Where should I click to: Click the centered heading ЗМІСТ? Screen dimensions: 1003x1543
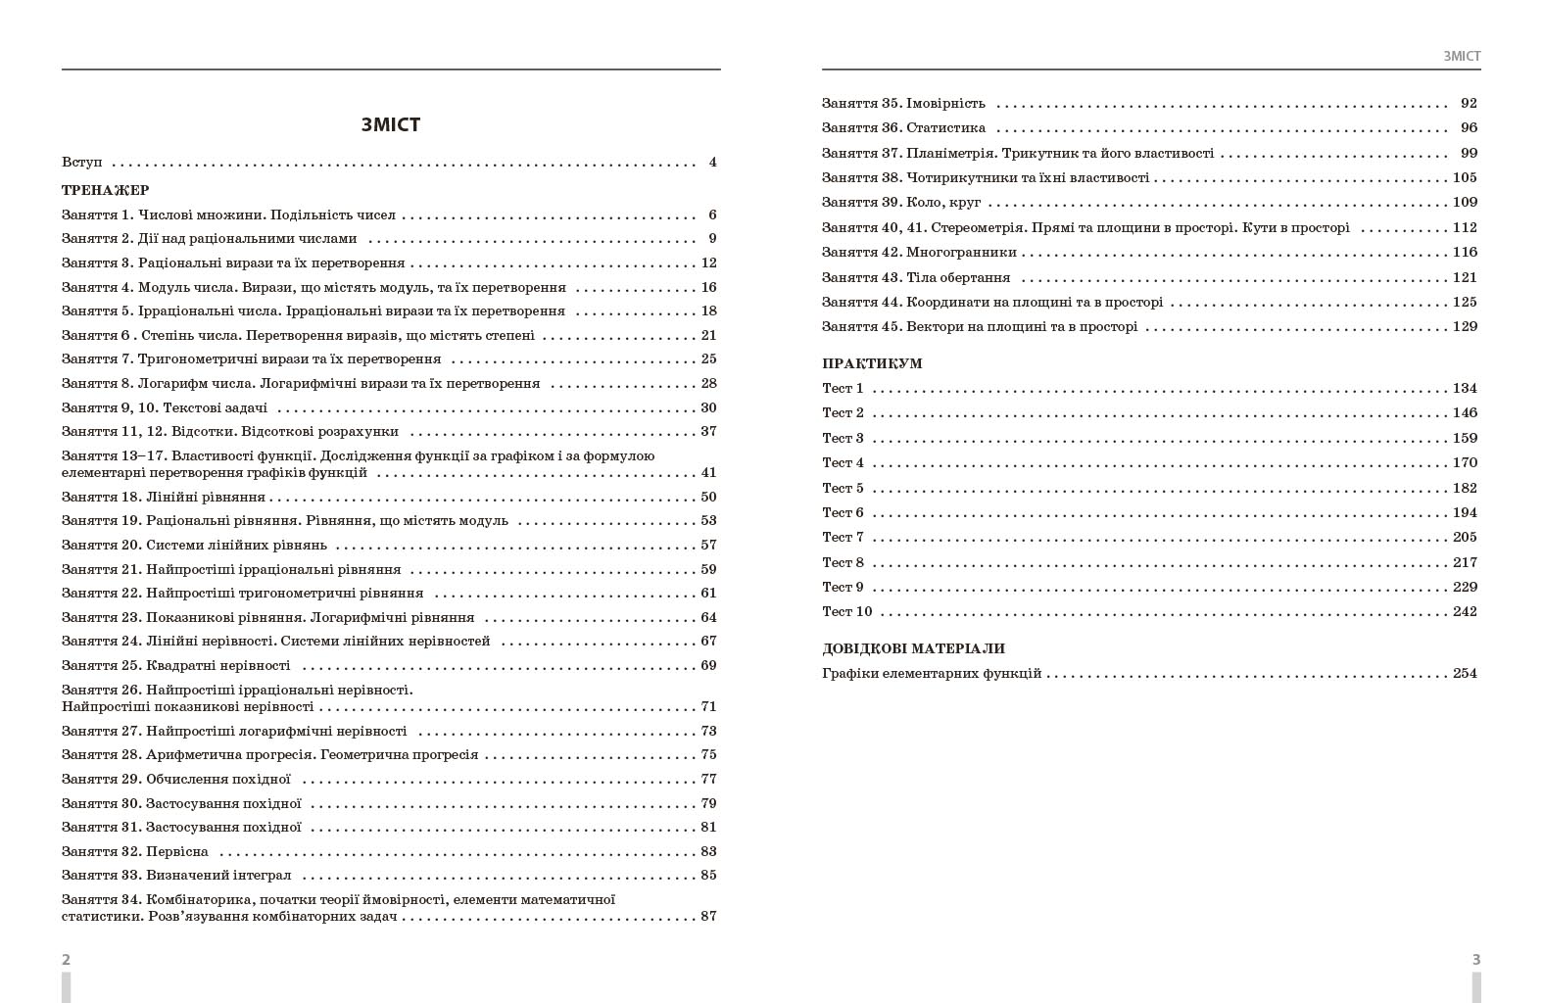click(x=391, y=124)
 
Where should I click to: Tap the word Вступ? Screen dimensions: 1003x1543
click(x=81, y=163)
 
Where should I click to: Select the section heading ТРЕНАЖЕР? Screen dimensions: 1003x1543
click(x=106, y=190)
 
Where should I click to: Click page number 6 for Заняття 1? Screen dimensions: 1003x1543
click(x=712, y=215)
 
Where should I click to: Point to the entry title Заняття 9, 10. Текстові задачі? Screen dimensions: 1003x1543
click(x=165, y=407)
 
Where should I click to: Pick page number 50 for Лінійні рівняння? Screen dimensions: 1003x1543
click(x=708, y=497)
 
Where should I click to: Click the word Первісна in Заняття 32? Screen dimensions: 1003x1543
click(x=177, y=851)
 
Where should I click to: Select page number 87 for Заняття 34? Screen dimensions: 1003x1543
click(x=708, y=916)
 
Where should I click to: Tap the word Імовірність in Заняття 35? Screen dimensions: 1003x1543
click(x=945, y=103)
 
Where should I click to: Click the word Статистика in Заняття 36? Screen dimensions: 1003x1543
click(x=945, y=127)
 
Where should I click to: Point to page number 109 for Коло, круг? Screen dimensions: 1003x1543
click(x=1465, y=202)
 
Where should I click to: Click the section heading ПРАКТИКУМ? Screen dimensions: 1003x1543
click(x=872, y=363)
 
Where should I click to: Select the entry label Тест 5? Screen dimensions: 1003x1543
click(x=843, y=488)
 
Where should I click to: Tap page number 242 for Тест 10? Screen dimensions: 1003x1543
click(x=1465, y=611)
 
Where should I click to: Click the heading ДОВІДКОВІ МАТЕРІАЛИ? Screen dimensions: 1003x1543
click(x=913, y=648)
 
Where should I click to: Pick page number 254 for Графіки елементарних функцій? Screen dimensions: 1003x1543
click(x=1465, y=673)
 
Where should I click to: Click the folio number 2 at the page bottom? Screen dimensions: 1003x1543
click(x=66, y=959)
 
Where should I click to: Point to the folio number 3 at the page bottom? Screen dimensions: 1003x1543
click(x=1476, y=959)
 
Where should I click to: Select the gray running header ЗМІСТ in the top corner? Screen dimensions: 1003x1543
click(x=1462, y=56)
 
